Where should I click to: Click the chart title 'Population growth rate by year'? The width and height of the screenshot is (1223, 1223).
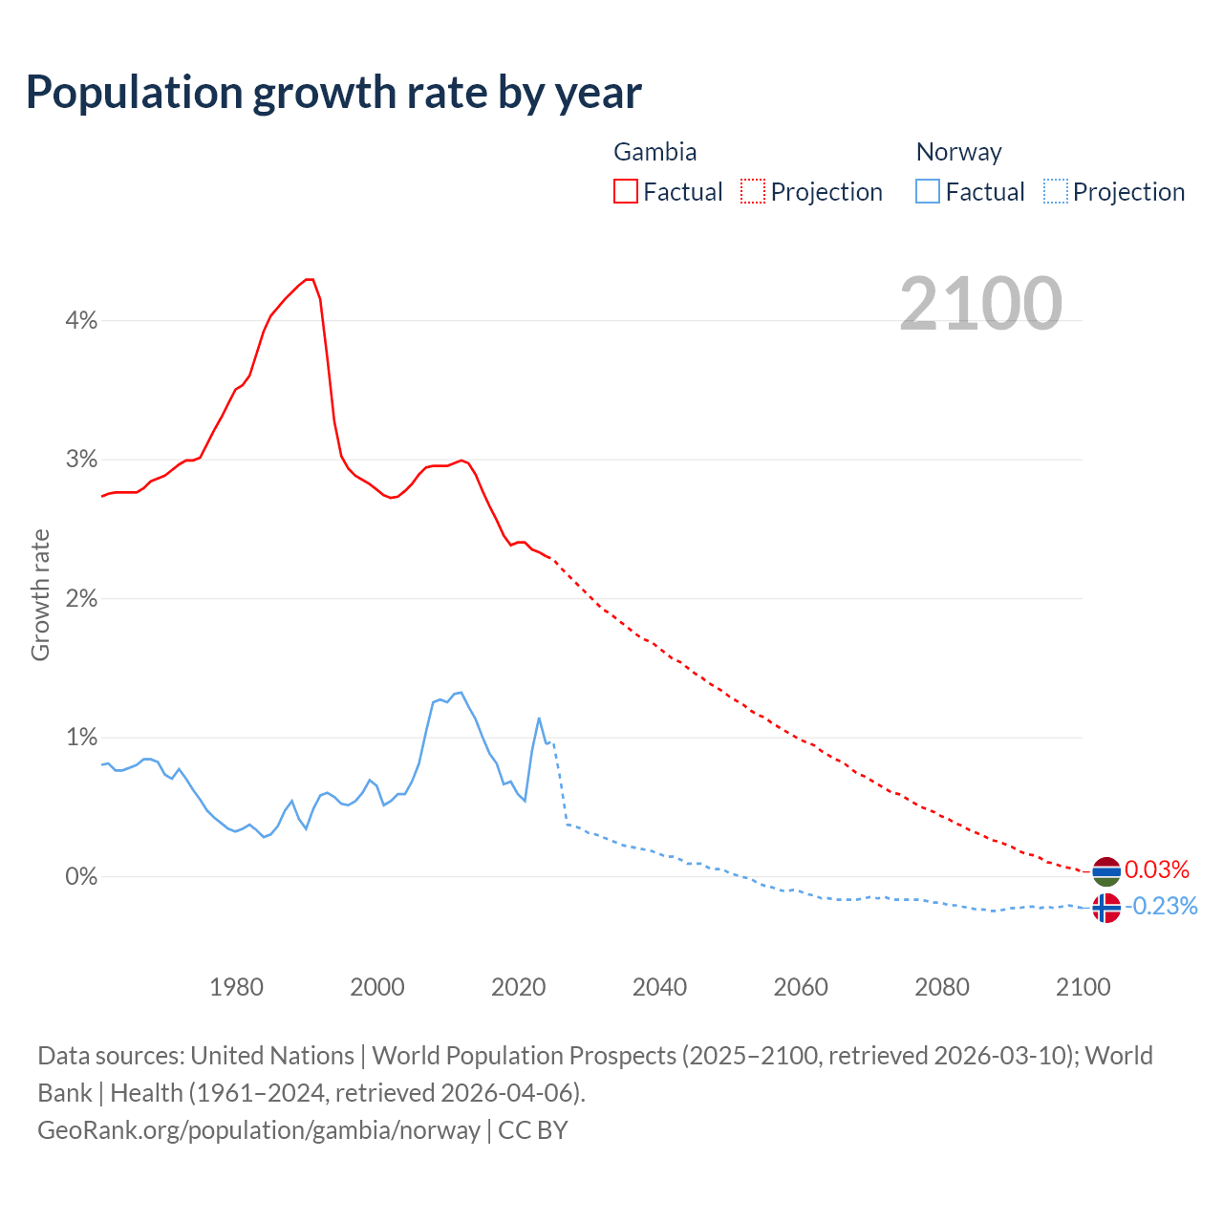pyautogui.click(x=333, y=93)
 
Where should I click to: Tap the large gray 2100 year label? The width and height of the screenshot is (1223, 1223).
pyautogui.click(x=980, y=303)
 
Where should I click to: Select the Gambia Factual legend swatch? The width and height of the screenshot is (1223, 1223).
pyautogui.click(x=625, y=191)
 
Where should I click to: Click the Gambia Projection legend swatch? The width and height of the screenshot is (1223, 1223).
pyautogui.click(x=753, y=191)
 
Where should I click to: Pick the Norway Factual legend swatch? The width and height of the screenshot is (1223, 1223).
pyautogui.click(x=927, y=191)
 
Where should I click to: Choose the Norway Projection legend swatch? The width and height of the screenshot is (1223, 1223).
pyautogui.click(x=1055, y=191)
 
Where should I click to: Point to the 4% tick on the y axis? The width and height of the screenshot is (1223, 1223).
pyautogui.click(x=81, y=321)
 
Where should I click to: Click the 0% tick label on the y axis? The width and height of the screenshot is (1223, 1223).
pyautogui.click(x=81, y=876)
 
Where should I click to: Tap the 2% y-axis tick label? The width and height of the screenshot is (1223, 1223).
pyautogui.click(x=81, y=599)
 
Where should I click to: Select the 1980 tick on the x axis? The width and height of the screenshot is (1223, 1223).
pyautogui.click(x=236, y=987)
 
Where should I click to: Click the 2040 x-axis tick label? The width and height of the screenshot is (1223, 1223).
pyautogui.click(x=659, y=987)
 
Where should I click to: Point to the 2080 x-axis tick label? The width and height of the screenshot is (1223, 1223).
pyautogui.click(x=941, y=987)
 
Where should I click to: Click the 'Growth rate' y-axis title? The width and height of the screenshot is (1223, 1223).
pyautogui.click(x=40, y=594)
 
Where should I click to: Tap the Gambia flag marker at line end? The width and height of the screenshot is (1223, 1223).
pyautogui.click(x=1105, y=871)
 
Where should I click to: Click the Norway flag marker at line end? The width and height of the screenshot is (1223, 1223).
pyautogui.click(x=1105, y=908)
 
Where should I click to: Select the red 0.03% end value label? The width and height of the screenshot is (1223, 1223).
pyautogui.click(x=1157, y=869)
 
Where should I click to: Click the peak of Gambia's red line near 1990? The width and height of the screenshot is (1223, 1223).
pyautogui.click(x=309, y=279)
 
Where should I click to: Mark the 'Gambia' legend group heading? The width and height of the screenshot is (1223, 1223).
pyautogui.click(x=654, y=152)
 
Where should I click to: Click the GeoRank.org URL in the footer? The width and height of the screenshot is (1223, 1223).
pyautogui.click(x=259, y=1129)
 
